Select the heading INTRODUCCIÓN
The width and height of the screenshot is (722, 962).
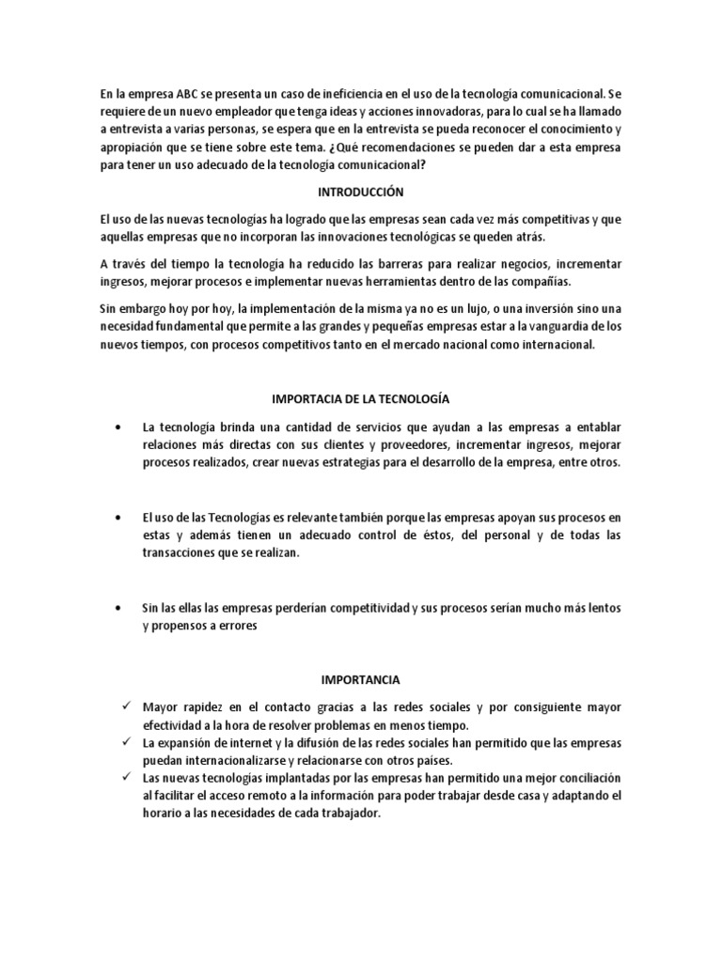tap(360, 192)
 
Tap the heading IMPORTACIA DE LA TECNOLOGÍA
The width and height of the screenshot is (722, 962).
tap(360, 399)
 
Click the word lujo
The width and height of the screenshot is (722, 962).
tap(490, 309)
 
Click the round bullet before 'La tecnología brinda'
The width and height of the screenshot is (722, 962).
tap(118, 428)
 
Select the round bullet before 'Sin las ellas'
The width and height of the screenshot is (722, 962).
tap(118, 608)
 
